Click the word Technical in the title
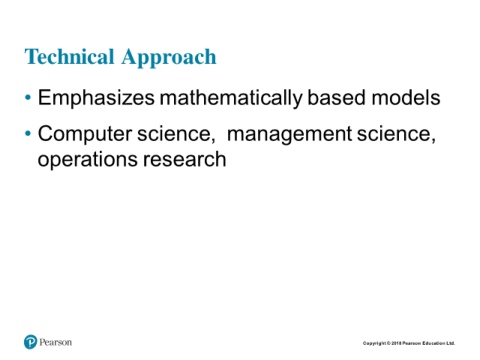click(x=69, y=56)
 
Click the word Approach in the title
click(x=169, y=58)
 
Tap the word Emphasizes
click(x=96, y=98)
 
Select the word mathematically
click(x=231, y=98)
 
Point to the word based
click(x=337, y=98)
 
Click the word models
click(x=406, y=98)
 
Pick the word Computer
click(x=85, y=134)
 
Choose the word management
click(x=289, y=135)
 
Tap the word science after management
click(x=394, y=134)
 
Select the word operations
click(x=88, y=160)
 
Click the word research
click(x=185, y=159)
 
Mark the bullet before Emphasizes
click(x=28, y=98)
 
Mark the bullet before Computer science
click(x=28, y=134)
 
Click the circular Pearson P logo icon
click(x=30, y=342)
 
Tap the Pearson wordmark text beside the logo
click(x=56, y=342)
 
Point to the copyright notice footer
click(x=409, y=343)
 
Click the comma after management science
click(x=433, y=140)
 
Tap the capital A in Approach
click(x=130, y=56)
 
